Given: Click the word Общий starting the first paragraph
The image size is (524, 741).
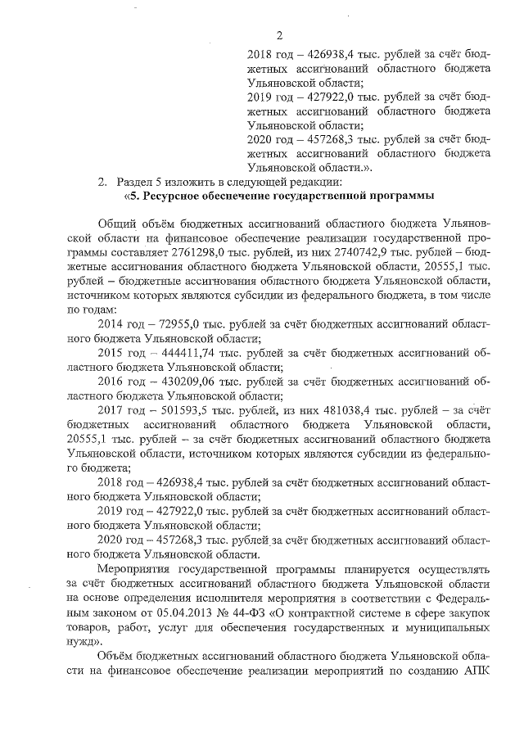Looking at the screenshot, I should click(x=116, y=224).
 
